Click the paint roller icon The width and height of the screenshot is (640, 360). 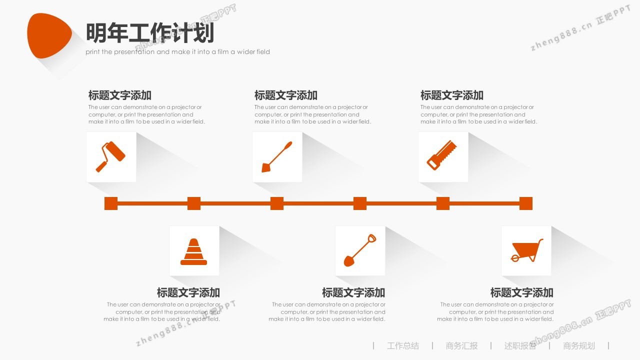point(110,156)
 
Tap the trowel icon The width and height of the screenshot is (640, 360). point(277,156)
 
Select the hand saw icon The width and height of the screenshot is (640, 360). point(442,155)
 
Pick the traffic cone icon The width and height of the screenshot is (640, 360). point(193,251)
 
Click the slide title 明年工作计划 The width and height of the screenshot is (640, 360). point(150,33)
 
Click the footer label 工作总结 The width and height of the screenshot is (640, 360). point(403,345)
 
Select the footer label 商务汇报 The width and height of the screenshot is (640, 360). point(461,345)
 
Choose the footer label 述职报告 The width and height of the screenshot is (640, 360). point(520,345)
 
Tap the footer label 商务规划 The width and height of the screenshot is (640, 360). point(579,345)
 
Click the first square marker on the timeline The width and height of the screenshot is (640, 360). point(111,203)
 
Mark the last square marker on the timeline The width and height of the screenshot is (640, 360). point(526,203)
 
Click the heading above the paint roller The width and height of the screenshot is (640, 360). point(120,95)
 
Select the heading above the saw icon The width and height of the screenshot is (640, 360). point(452,95)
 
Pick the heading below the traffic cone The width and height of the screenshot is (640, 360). point(188,292)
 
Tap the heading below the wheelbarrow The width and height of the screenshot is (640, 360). point(522,292)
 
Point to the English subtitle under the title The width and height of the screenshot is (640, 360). point(177,52)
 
